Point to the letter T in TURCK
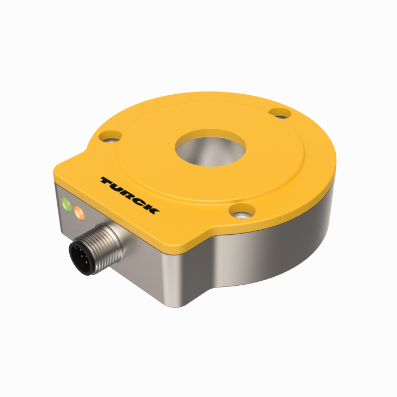click(108, 181)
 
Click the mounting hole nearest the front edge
click(242, 212)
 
